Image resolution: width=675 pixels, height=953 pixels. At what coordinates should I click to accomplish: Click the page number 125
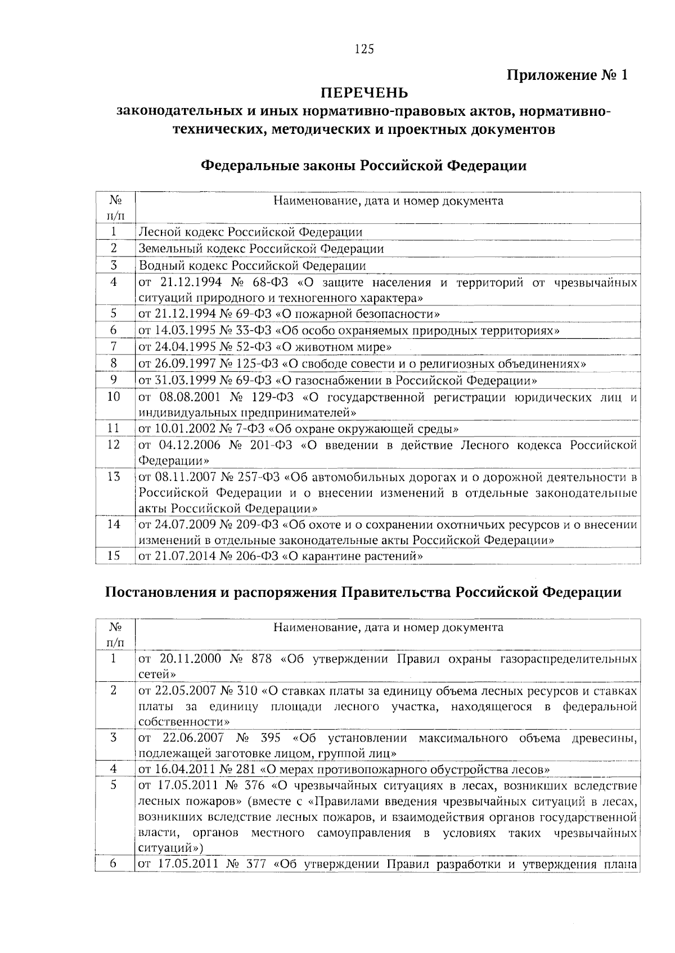tap(364, 49)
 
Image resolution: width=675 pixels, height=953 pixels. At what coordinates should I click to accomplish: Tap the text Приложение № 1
tap(566, 75)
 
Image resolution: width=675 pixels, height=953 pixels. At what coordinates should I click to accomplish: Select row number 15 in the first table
tap(114, 556)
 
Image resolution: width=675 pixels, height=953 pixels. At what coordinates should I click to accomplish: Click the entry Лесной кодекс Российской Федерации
tap(250, 232)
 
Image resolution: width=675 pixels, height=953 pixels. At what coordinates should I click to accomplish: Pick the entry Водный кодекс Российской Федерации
tap(252, 265)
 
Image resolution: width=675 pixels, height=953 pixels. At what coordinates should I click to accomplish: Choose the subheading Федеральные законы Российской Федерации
tap(364, 166)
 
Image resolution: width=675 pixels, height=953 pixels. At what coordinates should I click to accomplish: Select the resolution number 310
tap(247, 690)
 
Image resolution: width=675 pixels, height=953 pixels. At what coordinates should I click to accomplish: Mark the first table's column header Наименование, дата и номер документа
tap(388, 201)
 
